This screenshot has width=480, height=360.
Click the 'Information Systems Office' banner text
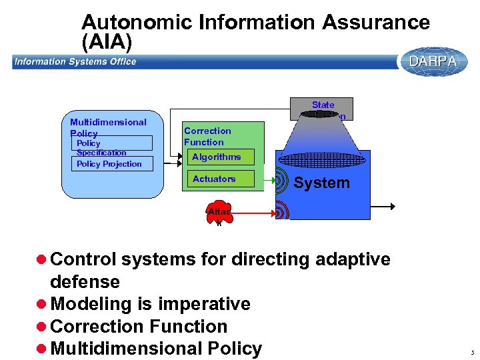click(x=75, y=62)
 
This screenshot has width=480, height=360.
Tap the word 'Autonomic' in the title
click(x=137, y=23)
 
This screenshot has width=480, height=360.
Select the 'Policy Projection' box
click(x=112, y=164)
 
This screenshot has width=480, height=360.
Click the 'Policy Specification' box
click(x=112, y=143)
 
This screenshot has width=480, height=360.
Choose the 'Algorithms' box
click(x=218, y=157)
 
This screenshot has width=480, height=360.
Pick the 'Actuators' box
click(x=218, y=179)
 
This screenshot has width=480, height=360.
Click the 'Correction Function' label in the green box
click(x=207, y=136)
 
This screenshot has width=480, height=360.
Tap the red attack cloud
click(x=218, y=213)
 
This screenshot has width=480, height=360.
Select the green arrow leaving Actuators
click(x=269, y=179)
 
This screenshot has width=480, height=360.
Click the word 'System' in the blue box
click(x=321, y=183)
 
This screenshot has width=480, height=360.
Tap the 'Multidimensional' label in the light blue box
click(x=108, y=122)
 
